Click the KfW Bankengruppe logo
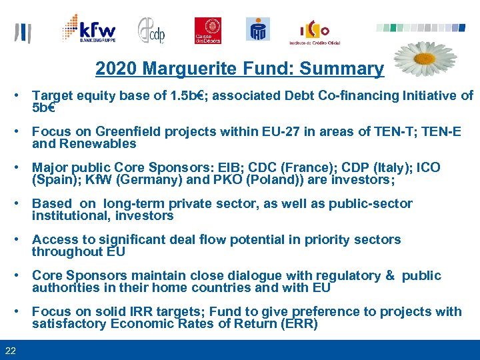[x=89, y=29]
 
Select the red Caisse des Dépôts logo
[x=207, y=31]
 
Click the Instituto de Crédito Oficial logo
[x=314, y=32]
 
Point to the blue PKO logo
[x=258, y=30]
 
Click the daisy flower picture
[x=424, y=59]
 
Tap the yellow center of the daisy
[x=425, y=57]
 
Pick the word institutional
[x=71, y=215]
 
